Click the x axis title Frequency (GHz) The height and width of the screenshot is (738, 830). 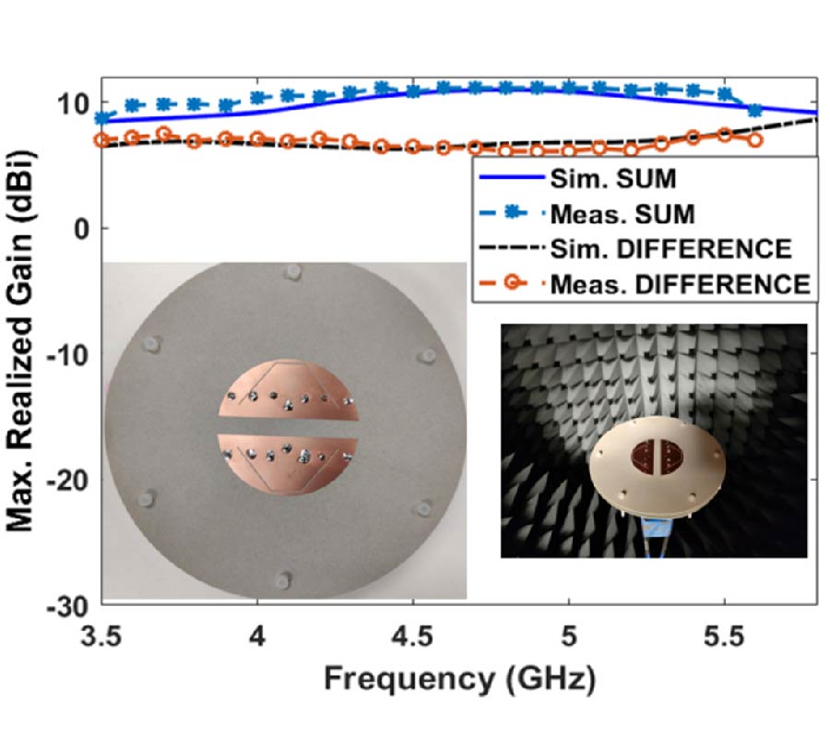[458, 680]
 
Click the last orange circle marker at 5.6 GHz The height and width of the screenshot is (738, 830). [755, 140]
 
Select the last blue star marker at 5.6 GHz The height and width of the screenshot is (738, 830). [755, 111]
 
